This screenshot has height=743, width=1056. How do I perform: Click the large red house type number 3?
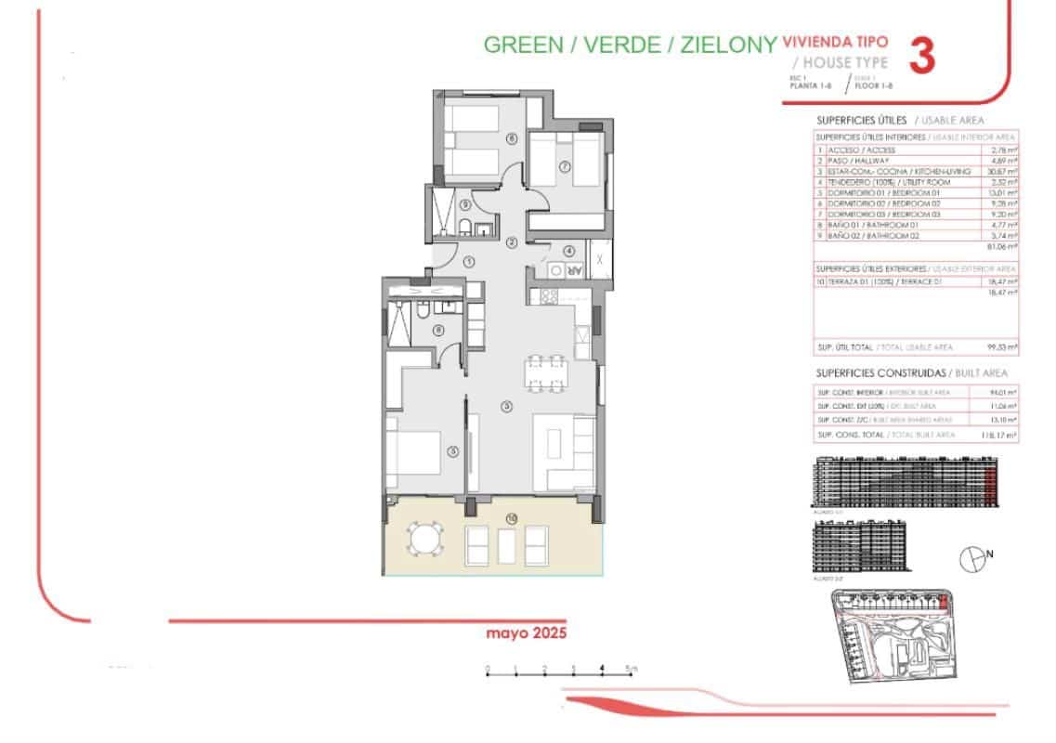pos(920,56)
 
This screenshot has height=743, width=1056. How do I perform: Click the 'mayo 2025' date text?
pos(525,632)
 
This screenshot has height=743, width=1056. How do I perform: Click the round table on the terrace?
pos(424,540)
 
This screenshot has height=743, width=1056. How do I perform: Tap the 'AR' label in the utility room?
pos(574,270)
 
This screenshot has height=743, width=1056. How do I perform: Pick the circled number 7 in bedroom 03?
pos(564,167)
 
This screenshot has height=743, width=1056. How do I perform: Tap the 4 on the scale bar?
pos(603,668)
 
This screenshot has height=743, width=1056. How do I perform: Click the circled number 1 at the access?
pos(470,263)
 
